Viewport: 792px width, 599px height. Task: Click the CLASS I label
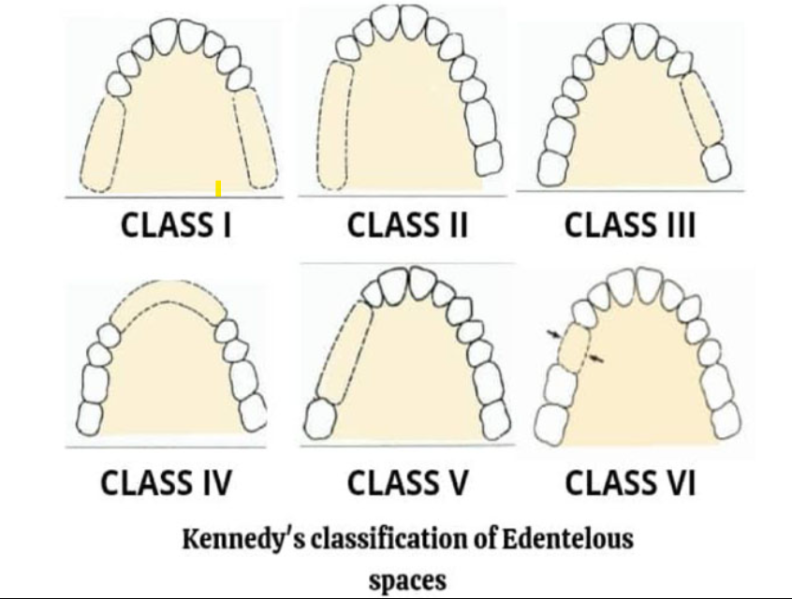(177, 225)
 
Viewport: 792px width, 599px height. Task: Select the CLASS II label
(406, 226)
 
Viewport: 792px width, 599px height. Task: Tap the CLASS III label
(630, 226)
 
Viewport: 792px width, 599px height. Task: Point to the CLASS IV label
(166, 483)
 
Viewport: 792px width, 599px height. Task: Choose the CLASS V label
(406, 483)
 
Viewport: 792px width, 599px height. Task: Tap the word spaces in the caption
(407, 577)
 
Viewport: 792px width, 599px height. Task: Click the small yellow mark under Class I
(218, 189)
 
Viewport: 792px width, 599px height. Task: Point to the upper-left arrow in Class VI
(555, 332)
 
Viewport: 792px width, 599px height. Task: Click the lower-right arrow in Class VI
(596, 358)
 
